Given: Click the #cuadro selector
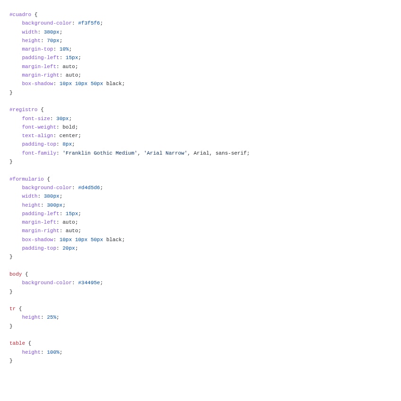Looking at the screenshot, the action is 20,15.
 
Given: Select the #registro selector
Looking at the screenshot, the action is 23,110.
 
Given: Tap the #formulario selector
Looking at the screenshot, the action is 26,179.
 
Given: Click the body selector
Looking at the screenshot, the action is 16,274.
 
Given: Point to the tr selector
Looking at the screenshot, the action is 12,309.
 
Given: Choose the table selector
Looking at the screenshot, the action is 17,343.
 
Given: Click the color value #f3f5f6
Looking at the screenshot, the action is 89,23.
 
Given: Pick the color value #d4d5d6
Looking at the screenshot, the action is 89,188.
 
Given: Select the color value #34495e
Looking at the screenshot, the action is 89,283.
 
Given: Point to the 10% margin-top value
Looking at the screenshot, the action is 64,49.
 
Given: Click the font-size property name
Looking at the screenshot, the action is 36,119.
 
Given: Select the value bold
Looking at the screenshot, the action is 69,127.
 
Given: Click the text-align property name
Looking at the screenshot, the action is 37,136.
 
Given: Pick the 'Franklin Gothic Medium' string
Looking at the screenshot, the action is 100,153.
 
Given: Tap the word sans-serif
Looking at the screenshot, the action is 231,153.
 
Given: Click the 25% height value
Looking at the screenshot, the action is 52,317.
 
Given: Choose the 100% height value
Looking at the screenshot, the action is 53,352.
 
